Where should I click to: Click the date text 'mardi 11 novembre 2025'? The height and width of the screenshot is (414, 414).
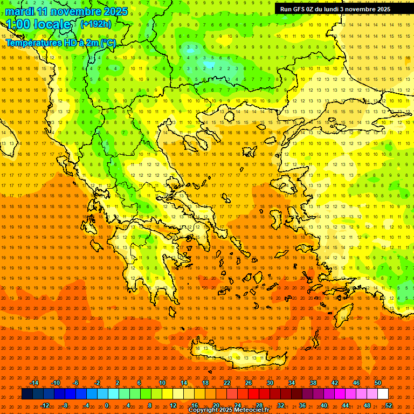point(67,11)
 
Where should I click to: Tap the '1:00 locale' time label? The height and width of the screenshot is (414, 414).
point(38,24)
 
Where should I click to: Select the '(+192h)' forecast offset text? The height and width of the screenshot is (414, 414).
point(96,24)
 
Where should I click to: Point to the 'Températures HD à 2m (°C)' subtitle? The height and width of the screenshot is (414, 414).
point(60,43)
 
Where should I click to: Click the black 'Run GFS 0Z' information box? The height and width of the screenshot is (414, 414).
point(335,9)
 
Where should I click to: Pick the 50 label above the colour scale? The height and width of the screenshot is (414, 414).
point(378,383)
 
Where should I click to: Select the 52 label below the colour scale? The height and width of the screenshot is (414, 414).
point(389,405)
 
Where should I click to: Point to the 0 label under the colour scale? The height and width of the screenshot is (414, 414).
point(107,405)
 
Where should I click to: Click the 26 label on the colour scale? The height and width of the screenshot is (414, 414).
point(249,383)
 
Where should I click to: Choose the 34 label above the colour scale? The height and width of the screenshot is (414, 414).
point(292,383)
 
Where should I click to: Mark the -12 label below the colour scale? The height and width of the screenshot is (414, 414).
point(45,405)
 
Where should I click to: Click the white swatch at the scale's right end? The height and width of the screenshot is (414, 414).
point(383,394)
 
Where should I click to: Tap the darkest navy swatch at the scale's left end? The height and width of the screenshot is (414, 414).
point(27,394)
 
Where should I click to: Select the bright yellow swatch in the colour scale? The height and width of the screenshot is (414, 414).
point(178,394)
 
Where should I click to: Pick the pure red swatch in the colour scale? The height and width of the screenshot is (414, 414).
point(253,394)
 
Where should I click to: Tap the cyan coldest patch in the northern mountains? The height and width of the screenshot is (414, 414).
point(208,66)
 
